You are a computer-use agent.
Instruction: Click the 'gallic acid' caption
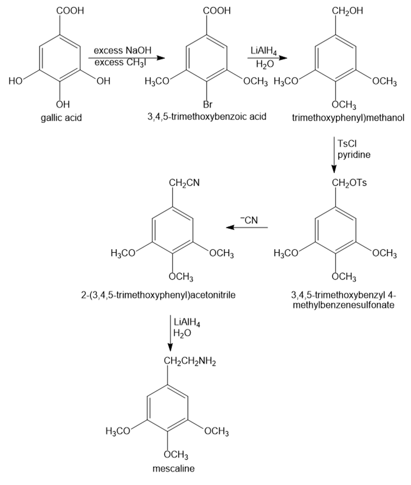click(x=61, y=117)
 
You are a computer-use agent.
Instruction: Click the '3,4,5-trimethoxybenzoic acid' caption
click(x=207, y=116)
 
